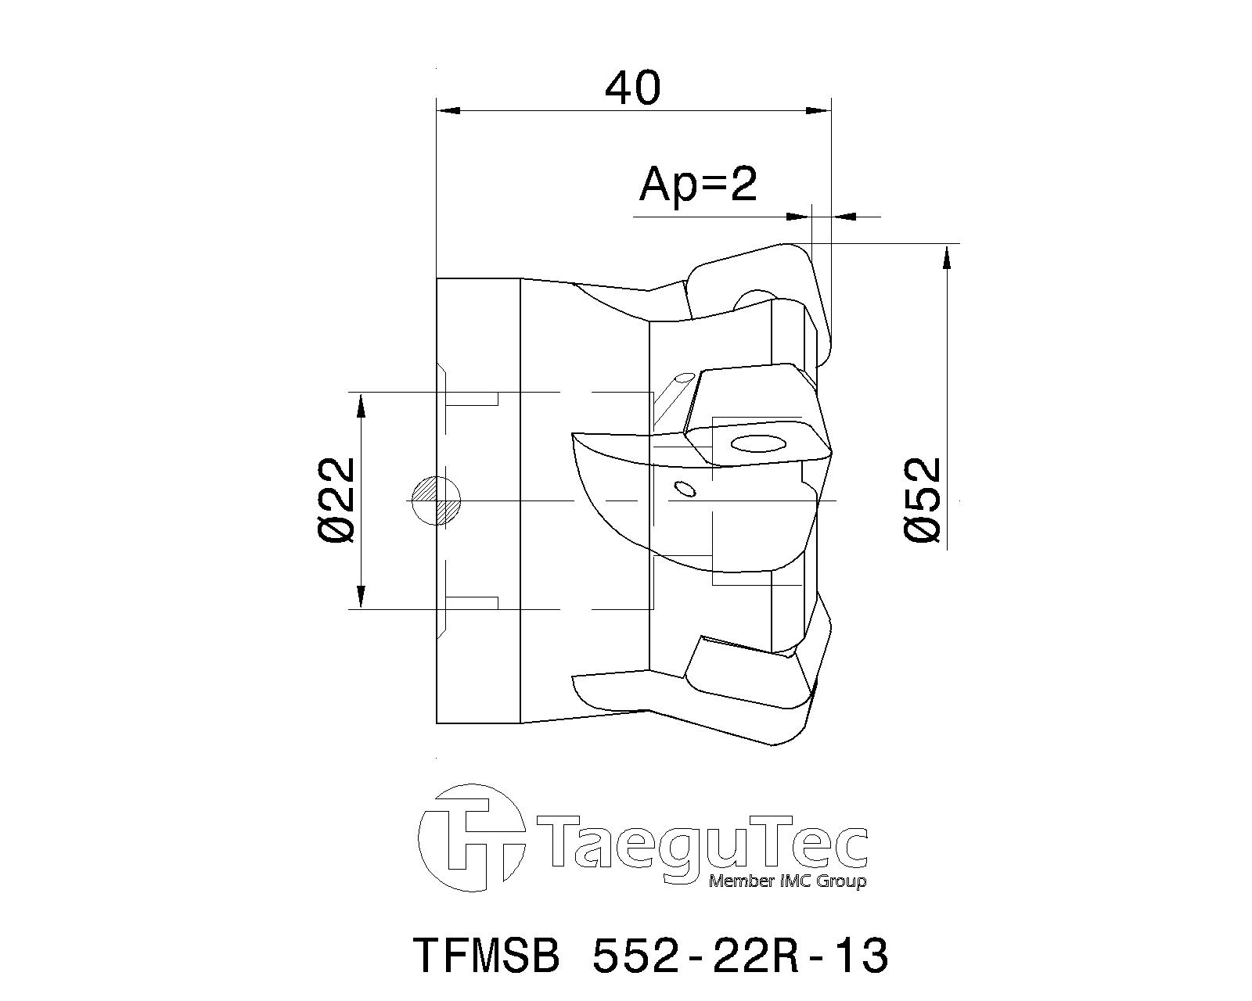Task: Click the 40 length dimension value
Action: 632,88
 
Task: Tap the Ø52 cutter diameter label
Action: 922,500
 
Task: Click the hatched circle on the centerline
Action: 436,500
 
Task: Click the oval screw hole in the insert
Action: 757,444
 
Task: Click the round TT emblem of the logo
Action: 471,838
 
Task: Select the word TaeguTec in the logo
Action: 700,843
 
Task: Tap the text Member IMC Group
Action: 786,881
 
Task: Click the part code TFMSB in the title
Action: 485,955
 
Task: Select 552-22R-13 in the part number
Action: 740,955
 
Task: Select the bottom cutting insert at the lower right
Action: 751,680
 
